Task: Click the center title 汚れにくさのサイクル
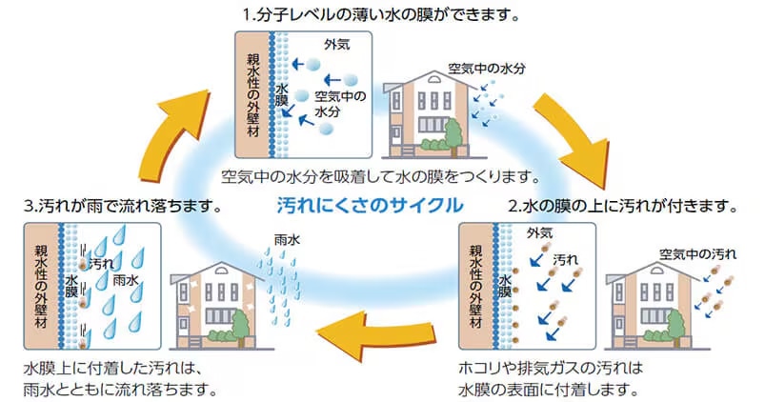click(370, 205)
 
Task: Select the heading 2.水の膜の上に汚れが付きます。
click(623, 205)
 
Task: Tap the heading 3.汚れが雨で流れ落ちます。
click(124, 205)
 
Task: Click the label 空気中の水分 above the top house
click(487, 69)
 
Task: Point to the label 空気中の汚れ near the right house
click(698, 252)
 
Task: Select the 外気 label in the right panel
click(539, 232)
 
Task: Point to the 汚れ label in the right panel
click(566, 258)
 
